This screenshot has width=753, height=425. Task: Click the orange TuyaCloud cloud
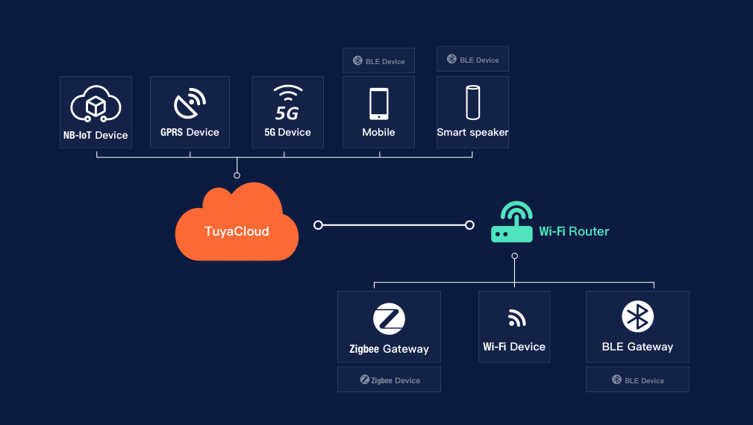coord(236,224)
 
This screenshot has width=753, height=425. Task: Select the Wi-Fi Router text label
coord(574,231)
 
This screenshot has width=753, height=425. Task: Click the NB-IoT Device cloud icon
coord(96,105)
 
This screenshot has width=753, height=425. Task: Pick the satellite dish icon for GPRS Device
coord(190,104)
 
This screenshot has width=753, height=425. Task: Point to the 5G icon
coord(287,104)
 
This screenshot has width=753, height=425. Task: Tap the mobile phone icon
coord(378,104)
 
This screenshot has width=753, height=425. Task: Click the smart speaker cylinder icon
coord(472,103)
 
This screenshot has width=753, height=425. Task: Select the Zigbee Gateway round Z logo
coord(389,318)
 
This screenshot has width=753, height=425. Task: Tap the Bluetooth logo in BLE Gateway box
coord(637,318)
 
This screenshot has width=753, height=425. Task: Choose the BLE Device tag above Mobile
coord(378,60)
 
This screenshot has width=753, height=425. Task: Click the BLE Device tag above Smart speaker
coord(472,59)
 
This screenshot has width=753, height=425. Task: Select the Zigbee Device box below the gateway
coord(389,380)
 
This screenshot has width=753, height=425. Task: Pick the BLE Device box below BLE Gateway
coord(637,380)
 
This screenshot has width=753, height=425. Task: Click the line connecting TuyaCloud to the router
coord(394,224)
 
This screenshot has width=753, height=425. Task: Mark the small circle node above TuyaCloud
coord(237,175)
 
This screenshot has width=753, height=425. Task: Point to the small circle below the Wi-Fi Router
coord(514,256)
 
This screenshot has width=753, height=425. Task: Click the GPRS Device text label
coord(190,132)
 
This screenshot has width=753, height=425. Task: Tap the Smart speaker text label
coord(472,132)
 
